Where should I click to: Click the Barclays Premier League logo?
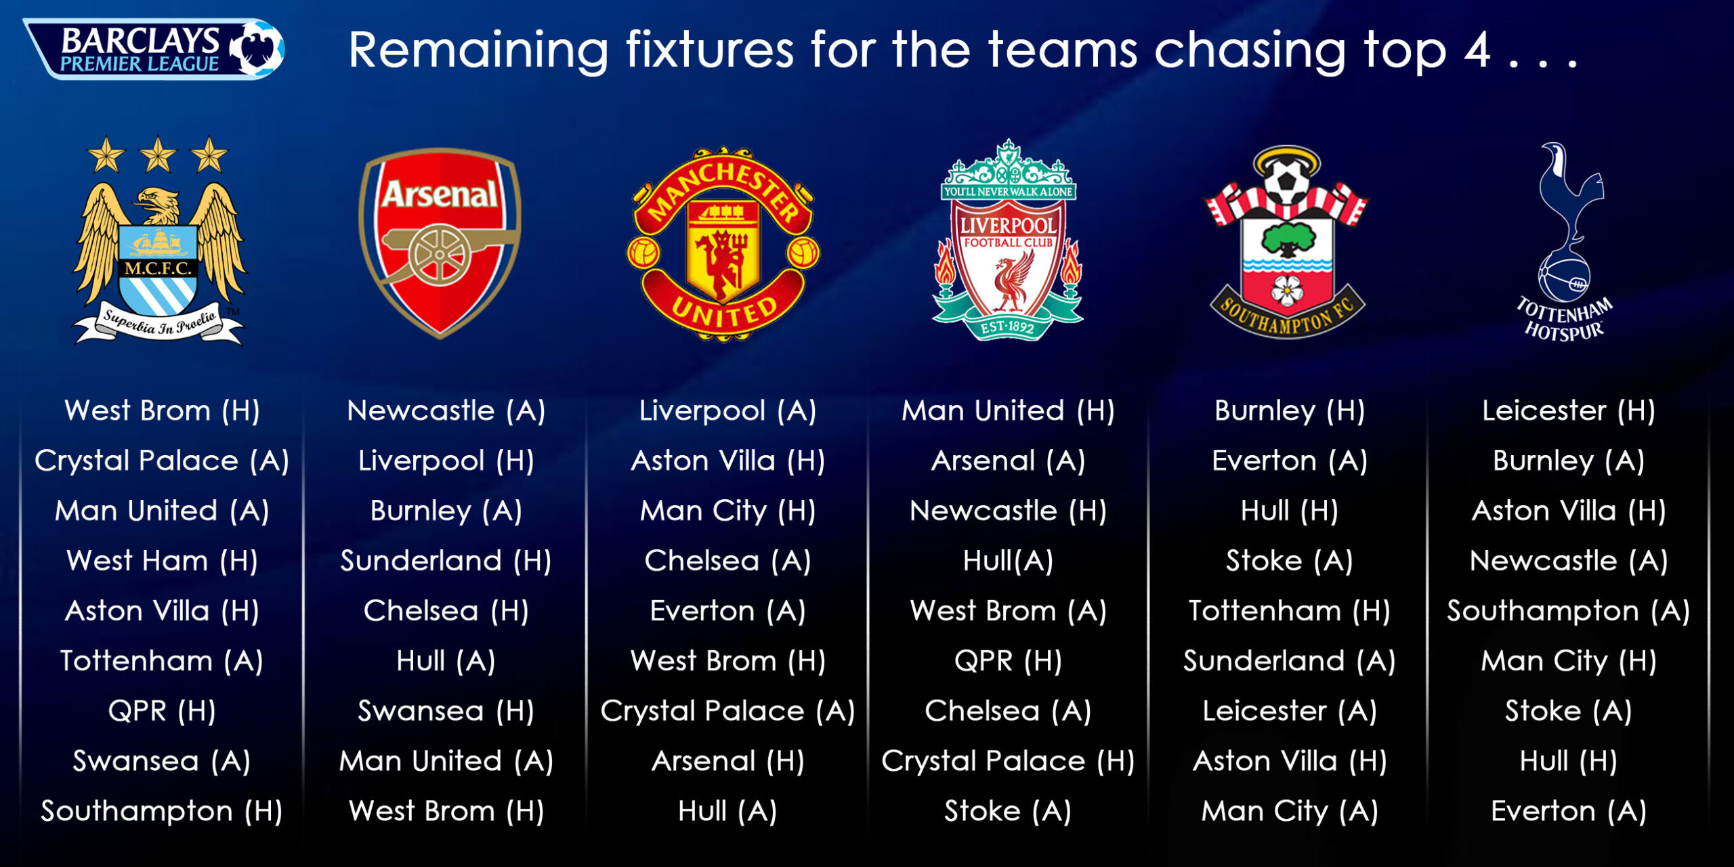(x=154, y=49)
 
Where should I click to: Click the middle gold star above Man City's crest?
(x=158, y=154)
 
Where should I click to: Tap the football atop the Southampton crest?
(x=1284, y=179)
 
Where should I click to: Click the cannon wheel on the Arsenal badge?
(x=440, y=255)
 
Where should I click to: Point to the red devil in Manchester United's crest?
(x=723, y=257)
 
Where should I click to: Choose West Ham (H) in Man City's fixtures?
(x=163, y=561)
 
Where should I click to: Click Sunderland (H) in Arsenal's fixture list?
(x=446, y=561)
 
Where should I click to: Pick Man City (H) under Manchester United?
(x=727, y=511)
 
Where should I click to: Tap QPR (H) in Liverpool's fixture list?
(x=1008, y=661)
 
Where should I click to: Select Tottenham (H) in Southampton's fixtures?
(x=1290, y=611)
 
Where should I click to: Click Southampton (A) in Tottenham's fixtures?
(x=1569, y=611)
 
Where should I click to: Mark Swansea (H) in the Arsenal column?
(x=446, y=711)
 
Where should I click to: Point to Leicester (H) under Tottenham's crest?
(x=1569, y=410)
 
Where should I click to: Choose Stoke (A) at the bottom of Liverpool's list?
(x=1008, y=811)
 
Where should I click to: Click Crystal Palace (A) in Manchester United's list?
(x=727, y=711)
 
